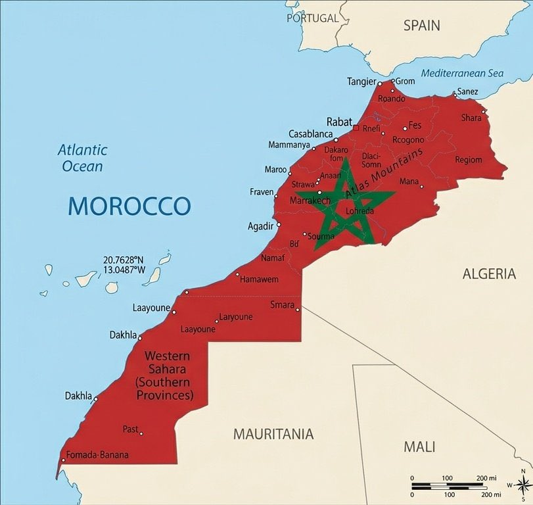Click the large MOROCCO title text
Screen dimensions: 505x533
point(129,206)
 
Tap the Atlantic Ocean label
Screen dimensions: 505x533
point(82,158)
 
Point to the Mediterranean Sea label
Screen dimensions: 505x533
point(462,73)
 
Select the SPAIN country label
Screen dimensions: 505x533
point(421,26)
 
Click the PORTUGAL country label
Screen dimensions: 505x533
point(312,18)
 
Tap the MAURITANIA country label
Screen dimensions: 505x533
point(273,434)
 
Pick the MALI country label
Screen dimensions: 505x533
point(419,447)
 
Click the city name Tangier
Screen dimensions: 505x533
point(361,82)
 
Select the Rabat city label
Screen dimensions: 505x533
point(339,122)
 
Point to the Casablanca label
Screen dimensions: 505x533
point(310,133)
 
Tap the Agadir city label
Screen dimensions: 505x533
point(260,226)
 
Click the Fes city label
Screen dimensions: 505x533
point(415,125)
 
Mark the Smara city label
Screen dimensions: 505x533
point(282,304)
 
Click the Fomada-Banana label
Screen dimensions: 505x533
point(97,455)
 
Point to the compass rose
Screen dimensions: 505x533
point(522,485)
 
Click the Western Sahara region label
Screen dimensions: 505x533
point(164,375)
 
